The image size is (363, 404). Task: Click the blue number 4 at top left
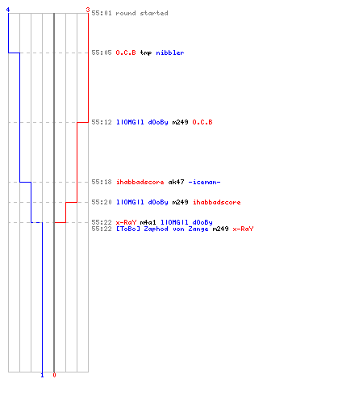coord(8,10)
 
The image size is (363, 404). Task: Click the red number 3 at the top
coord(88,10)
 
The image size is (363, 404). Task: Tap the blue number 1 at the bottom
coord(42,375)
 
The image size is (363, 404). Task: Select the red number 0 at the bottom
coord(54,375)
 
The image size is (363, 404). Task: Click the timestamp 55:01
coord(102,13)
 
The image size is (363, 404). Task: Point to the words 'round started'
coord(142,13)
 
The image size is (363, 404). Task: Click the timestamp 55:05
coord(102,53)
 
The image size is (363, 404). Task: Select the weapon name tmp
coord(146,53)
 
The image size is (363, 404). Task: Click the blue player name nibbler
coord(170,53)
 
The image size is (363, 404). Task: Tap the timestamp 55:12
coord(102,122)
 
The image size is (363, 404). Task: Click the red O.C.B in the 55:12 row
coord(202,122)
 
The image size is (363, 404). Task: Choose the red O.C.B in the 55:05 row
coord(126,53)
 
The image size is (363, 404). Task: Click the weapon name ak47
coord(176,182)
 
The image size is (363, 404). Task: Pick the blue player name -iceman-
coord(204,182)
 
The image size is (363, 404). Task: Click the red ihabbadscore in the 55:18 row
coord(140,182)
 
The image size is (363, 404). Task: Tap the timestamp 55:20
coord(102,202)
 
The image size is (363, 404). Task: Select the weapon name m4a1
coord(148,222)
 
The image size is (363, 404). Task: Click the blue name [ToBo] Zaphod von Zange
coord(162,229)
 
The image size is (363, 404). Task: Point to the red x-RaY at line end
coord(243,229)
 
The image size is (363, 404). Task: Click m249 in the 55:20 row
coord(180,202)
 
